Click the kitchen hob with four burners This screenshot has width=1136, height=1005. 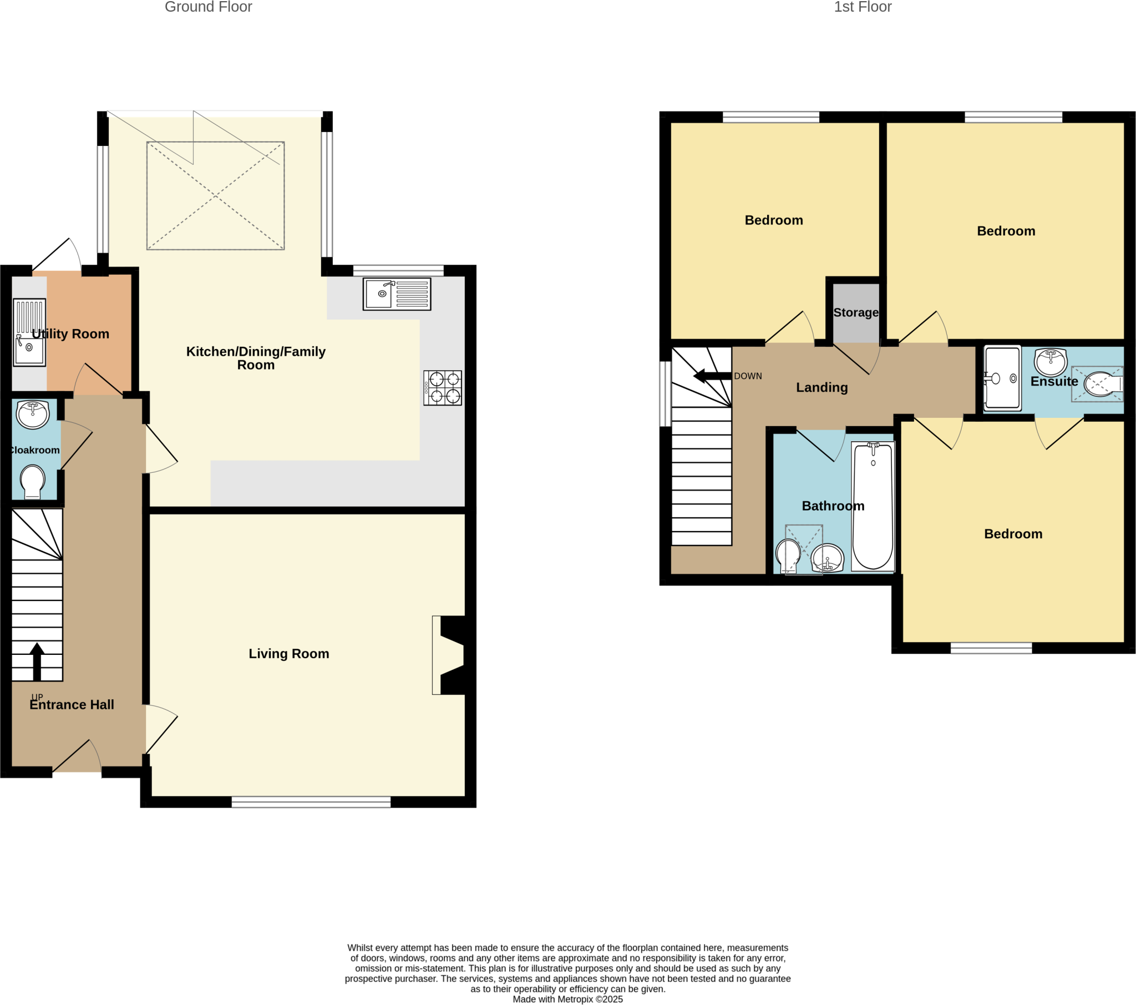(x=443, y=388)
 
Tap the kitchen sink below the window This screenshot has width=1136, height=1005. (x=397, y=294)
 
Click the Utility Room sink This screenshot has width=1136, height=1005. (x=29, y=332)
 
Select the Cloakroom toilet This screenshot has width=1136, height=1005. (x=33, y=481)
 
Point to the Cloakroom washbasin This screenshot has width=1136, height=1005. (x=33, y=415)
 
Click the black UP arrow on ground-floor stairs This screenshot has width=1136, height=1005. (x=37, y=661)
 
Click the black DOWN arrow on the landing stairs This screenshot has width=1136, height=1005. (x=712, y=376)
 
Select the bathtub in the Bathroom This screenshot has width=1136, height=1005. (x=873, y=506)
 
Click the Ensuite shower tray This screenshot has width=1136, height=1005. (x=1002, y=378)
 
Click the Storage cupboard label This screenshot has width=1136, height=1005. (x=856, y=312)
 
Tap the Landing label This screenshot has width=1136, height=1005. (x=821, y=388)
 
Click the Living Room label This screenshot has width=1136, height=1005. (x=288, y=654)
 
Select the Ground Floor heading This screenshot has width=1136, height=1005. (x=209, y=7)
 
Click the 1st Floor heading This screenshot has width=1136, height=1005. (x=862, y=7)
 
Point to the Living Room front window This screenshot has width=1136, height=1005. (x=311, y=801)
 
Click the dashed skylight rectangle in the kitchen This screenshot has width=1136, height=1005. (x=216, y=196)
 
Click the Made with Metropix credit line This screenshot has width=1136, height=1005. (x=567, y=999)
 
